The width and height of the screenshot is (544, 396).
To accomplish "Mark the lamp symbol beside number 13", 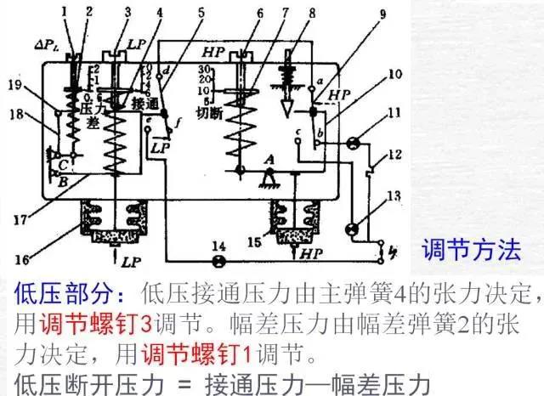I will click(352, 228).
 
